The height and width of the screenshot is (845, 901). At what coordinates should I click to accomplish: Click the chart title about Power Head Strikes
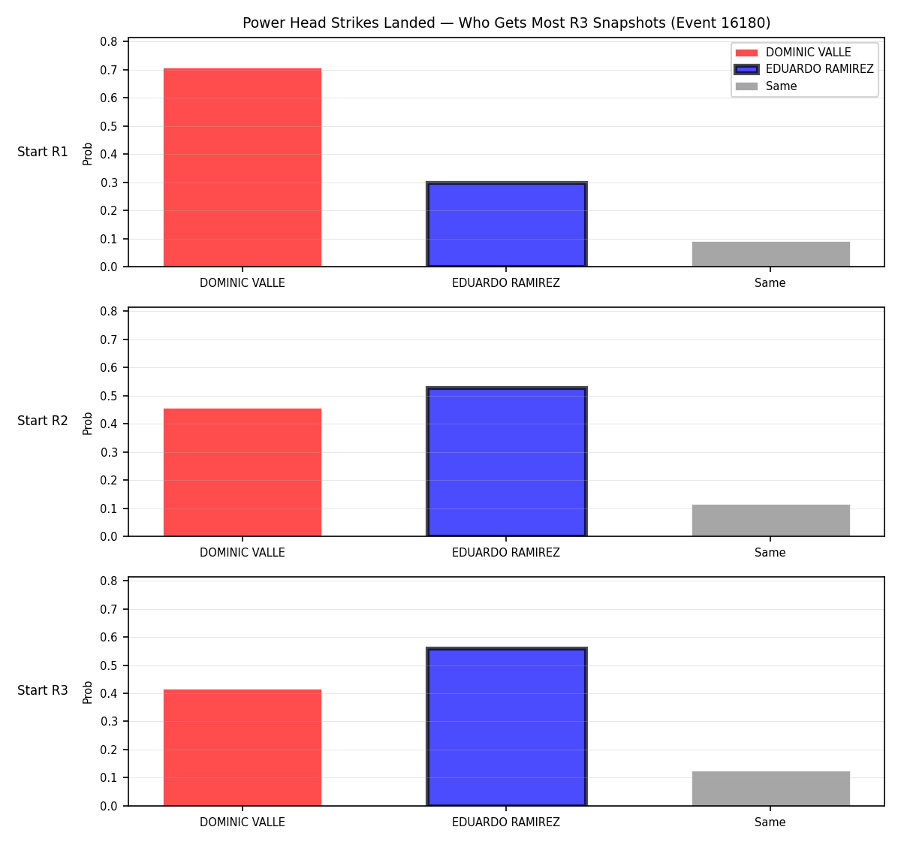click(506, 23)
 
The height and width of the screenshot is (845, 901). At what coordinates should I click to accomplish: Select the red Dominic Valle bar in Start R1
click(243, 167)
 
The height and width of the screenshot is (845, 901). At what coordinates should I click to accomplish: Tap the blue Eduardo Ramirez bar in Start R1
click(506, 224)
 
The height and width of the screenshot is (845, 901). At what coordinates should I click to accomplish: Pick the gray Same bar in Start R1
click(770, 254)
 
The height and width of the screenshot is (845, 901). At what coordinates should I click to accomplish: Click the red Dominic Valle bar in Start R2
click(243, 472)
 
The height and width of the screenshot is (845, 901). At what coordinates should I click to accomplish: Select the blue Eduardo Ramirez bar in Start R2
click(506, 461)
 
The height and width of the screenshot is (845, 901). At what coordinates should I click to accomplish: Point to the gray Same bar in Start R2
click(770, 521)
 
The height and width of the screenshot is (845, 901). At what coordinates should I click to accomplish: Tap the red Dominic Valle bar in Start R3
click(243, 747)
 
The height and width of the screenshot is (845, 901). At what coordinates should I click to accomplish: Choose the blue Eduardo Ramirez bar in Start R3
click(506, 726)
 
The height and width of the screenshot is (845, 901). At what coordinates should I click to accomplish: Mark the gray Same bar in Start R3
click(770, 788)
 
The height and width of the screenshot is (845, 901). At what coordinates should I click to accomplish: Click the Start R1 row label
click(43, 152)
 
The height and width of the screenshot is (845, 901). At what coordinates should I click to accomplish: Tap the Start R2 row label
click(43, 421)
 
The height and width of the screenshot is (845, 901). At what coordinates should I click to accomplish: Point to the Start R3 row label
click(43, 690)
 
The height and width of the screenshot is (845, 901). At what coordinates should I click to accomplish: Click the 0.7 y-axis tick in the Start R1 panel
click(108, 70)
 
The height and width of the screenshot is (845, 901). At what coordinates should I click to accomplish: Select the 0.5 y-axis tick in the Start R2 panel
click(108, 396)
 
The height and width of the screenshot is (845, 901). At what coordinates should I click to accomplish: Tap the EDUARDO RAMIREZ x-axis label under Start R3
click(506, 822)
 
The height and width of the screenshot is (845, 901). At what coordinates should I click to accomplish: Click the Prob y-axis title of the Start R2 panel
click(88, 423)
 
